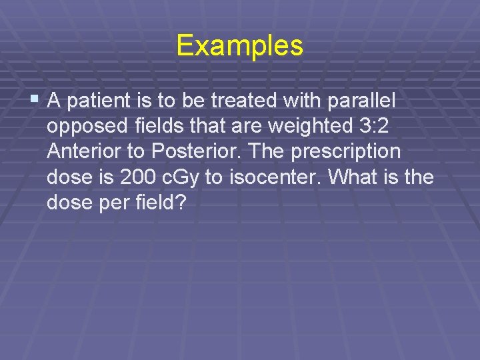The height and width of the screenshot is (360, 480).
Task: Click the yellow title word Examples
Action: tap(240, 46)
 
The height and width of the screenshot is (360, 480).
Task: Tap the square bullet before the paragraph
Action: tap(36, 101)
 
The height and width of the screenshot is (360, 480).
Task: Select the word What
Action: tap(369, 177)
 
